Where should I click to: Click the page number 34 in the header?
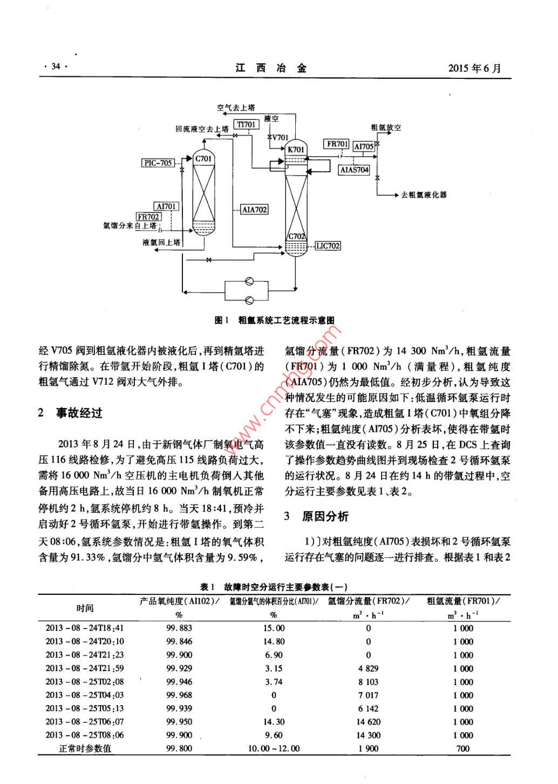coord(56,68)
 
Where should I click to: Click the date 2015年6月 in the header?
coord(474,68)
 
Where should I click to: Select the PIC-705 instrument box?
coord(159,163)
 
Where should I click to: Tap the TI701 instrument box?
coord(247,125)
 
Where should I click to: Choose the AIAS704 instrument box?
coord(355,170)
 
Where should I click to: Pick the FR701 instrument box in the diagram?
coord(337,144)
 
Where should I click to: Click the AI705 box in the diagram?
coord(364,146)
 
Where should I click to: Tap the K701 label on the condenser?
coord(296,149)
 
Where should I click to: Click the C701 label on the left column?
coord(203,158)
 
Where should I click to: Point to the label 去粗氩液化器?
coord(424,195)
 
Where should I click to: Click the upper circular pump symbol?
coord(249,281)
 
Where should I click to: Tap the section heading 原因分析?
coord(325,516)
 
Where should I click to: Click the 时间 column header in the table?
coord(85,608)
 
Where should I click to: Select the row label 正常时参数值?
coord(85,748)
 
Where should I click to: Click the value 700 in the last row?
coord(462,748)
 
